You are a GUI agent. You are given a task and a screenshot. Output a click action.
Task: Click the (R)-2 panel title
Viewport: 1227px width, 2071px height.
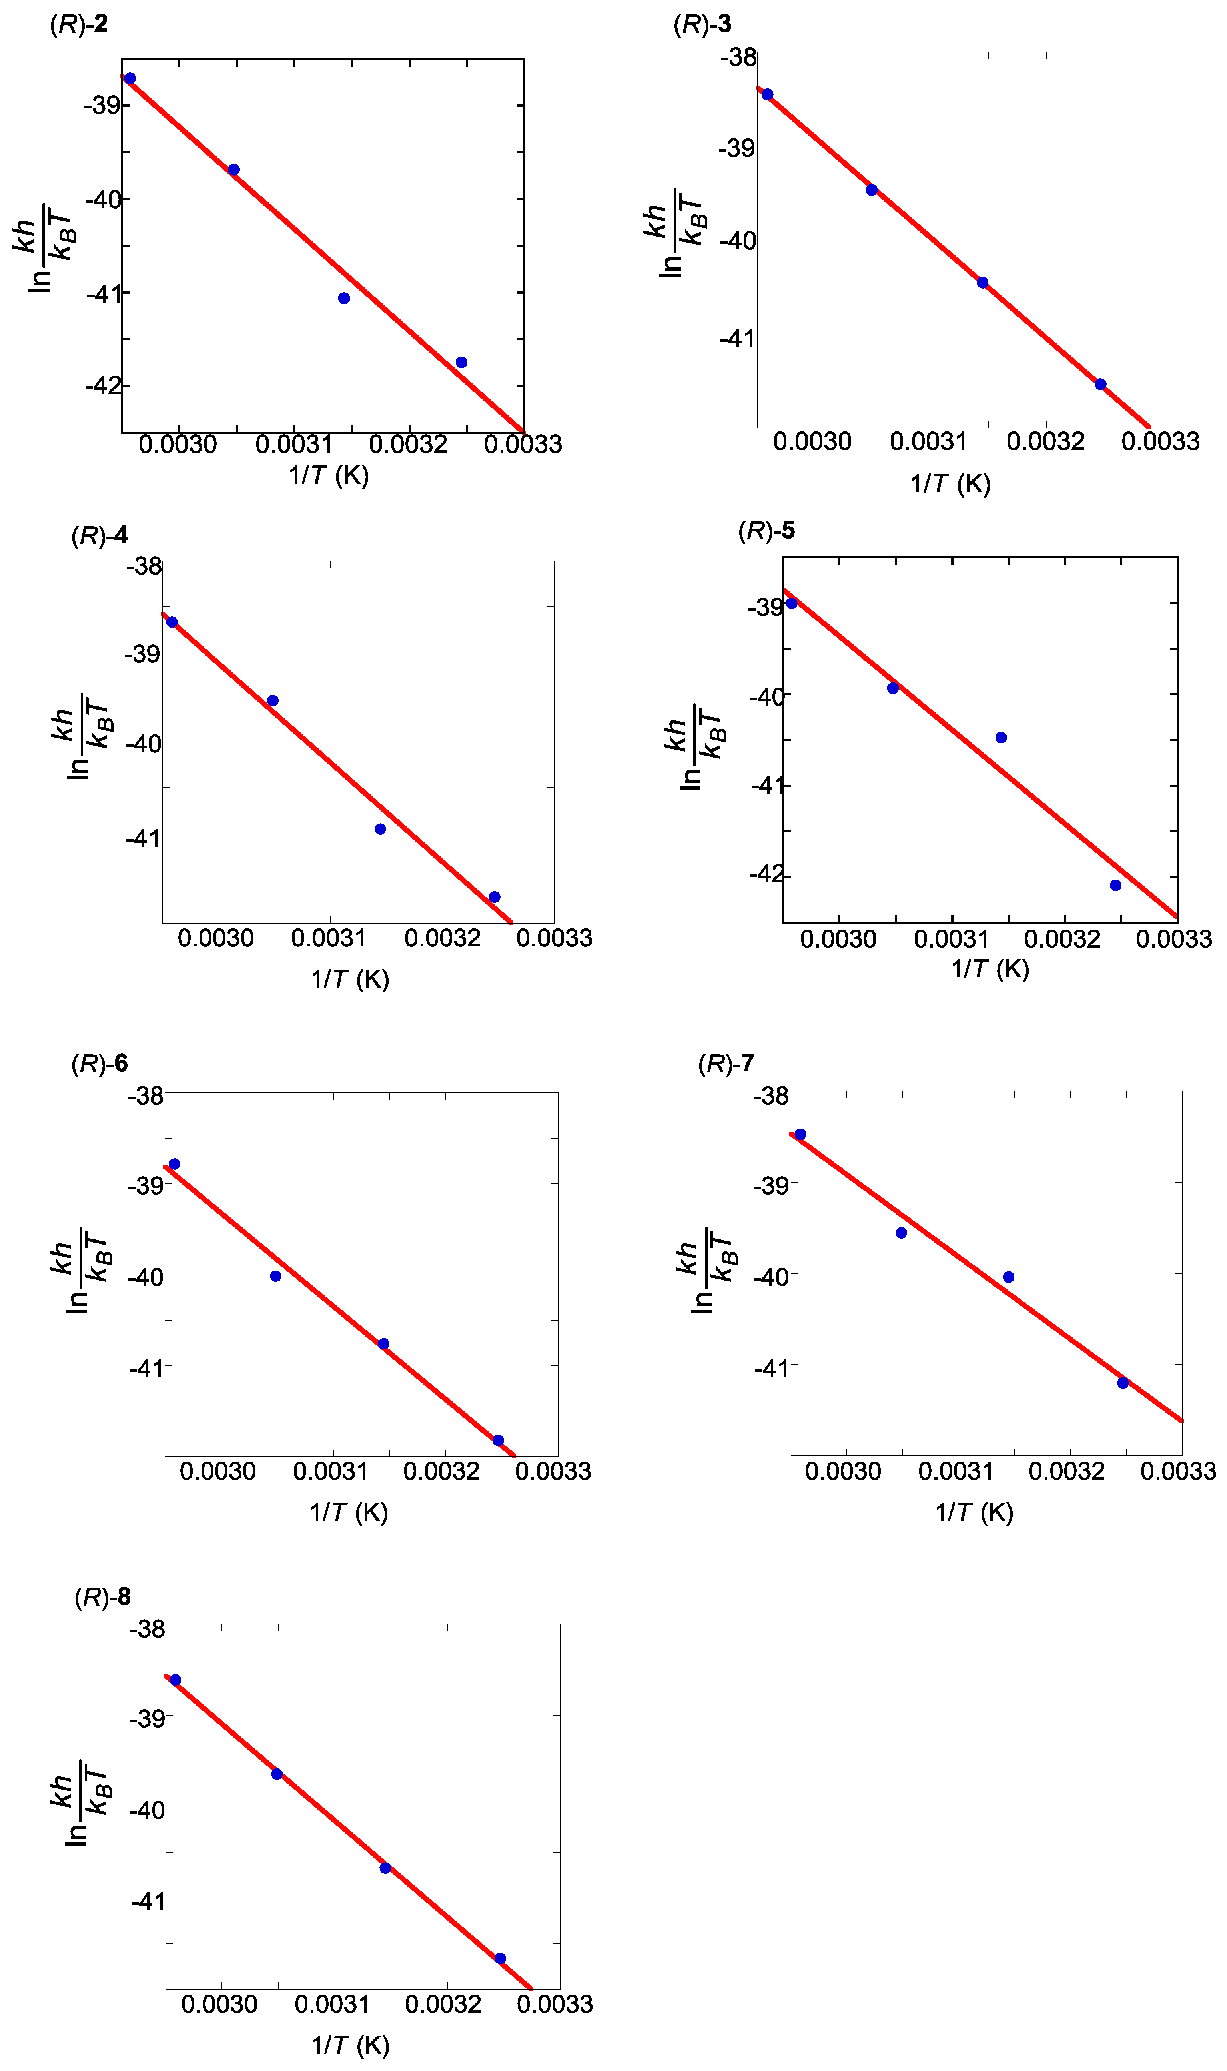click(78, 24)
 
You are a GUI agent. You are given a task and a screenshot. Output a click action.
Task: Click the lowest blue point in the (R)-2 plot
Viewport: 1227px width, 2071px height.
click(461, 362)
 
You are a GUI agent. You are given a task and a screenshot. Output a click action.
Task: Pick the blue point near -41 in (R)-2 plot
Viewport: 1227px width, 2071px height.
click(344, 297)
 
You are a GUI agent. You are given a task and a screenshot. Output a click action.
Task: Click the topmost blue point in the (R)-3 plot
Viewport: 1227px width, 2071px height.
click(767, 94)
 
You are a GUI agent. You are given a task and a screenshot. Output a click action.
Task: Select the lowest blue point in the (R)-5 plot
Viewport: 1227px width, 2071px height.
click(1115, 885)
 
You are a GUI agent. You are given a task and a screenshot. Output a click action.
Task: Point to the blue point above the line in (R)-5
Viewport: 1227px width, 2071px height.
click(1000, 738)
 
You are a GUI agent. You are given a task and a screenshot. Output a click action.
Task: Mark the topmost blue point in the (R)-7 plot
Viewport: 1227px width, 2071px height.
click(800, 1134)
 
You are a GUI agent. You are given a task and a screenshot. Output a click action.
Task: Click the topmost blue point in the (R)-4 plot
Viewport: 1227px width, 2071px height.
click(172, 622)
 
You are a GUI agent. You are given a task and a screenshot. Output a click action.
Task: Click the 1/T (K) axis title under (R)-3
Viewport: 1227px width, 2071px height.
click(950, 484)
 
